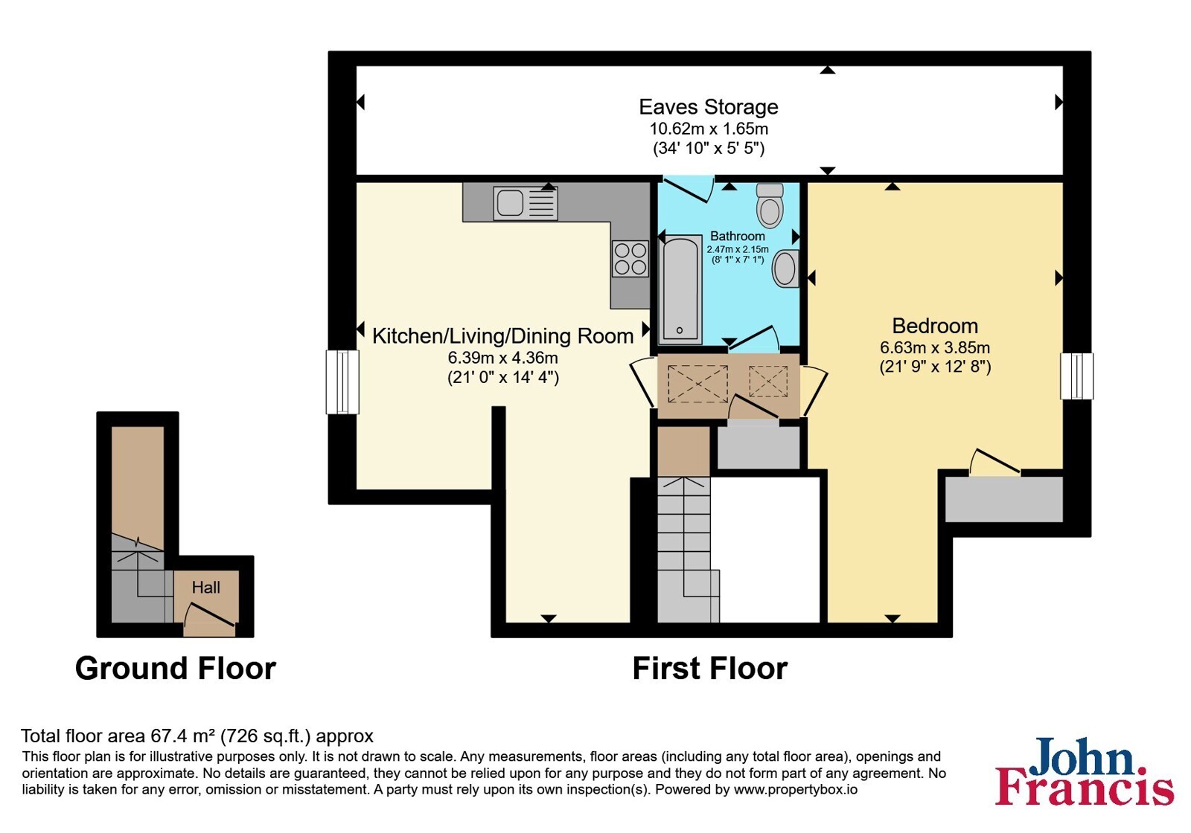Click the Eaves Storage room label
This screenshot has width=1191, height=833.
point(708,107)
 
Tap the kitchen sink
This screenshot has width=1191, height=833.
point(526,203)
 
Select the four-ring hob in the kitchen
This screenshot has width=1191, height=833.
point(630,259)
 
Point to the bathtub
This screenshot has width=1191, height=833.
point(680,288)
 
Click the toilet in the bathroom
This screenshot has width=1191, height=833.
point(770,205)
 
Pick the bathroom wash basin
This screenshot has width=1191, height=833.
point(786,268)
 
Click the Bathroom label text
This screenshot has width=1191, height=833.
point(738,236)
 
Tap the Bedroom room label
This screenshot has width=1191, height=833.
point(935,326)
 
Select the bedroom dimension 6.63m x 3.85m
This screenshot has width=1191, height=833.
point(935,347)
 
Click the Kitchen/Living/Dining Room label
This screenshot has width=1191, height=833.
point(502,335)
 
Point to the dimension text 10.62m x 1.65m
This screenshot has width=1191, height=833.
point(708,129)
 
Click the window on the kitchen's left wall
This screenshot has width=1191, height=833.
point(342,382)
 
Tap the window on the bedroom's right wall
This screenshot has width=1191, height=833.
point(1076,376)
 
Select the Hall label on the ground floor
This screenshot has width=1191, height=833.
point(205,587)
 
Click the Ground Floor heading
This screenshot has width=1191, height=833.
point(176,668)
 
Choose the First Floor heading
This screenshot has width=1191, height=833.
point(710,668)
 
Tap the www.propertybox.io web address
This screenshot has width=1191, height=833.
point(796,789)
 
